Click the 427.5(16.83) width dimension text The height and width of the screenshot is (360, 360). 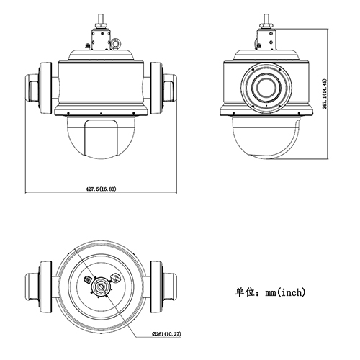(x=101, y=189)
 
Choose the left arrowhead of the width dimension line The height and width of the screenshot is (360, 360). (x=27, y=193)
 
